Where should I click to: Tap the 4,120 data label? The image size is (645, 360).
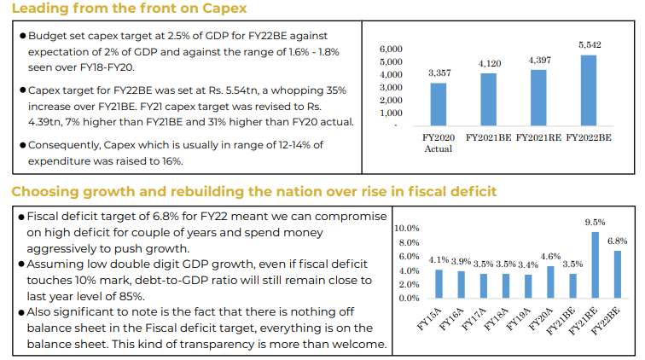coord(489,63)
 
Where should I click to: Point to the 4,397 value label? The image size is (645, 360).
coord(540,60)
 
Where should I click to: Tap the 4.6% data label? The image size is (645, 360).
coord(550,256)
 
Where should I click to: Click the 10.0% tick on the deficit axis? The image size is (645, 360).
coord(407,228)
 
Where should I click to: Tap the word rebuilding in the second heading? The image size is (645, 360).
coord(203,191)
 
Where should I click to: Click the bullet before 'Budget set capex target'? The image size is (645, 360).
coord(22,37)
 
